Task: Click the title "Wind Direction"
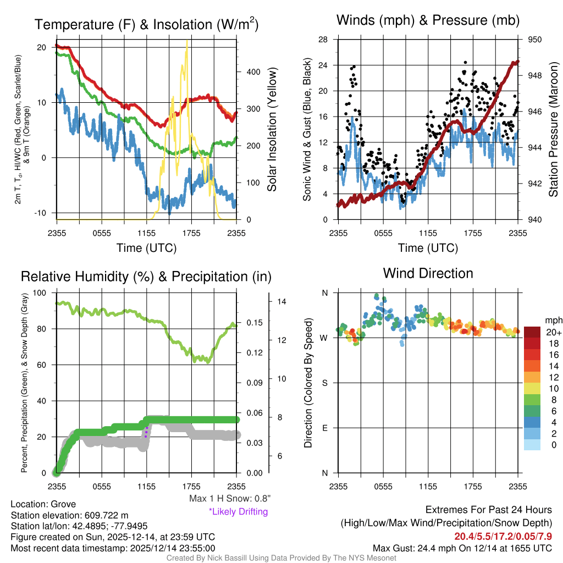pos(428,273)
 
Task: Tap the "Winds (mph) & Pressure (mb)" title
pos(428,21)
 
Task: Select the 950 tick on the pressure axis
pos(535,40)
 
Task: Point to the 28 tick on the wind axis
pos(323,40)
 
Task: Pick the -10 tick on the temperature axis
pos(42,213)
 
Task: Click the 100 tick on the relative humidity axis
pos(40,293)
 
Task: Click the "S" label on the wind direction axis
pos(324,383)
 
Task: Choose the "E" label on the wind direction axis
pos(324,428)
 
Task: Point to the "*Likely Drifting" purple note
pos(238,511)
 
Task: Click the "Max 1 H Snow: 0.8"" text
pos(229,499)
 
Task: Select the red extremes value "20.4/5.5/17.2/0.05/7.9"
pos(503,536)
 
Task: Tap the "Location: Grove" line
pos(43,504)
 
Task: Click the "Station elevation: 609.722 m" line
pos(69,515)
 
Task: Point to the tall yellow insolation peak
pos(187,44)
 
